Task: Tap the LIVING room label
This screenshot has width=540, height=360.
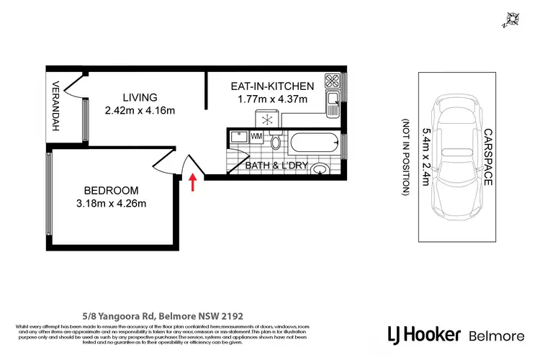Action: point(140,98)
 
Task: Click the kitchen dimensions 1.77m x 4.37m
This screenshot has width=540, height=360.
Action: point(272,99)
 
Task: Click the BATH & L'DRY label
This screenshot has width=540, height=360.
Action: point(277,166)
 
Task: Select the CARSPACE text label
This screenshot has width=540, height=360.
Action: point(487,158)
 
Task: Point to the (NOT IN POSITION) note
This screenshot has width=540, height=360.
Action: point(406,158)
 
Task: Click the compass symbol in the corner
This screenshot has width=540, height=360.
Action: point(514,19)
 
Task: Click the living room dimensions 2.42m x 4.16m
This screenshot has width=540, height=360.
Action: point(140,111)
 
